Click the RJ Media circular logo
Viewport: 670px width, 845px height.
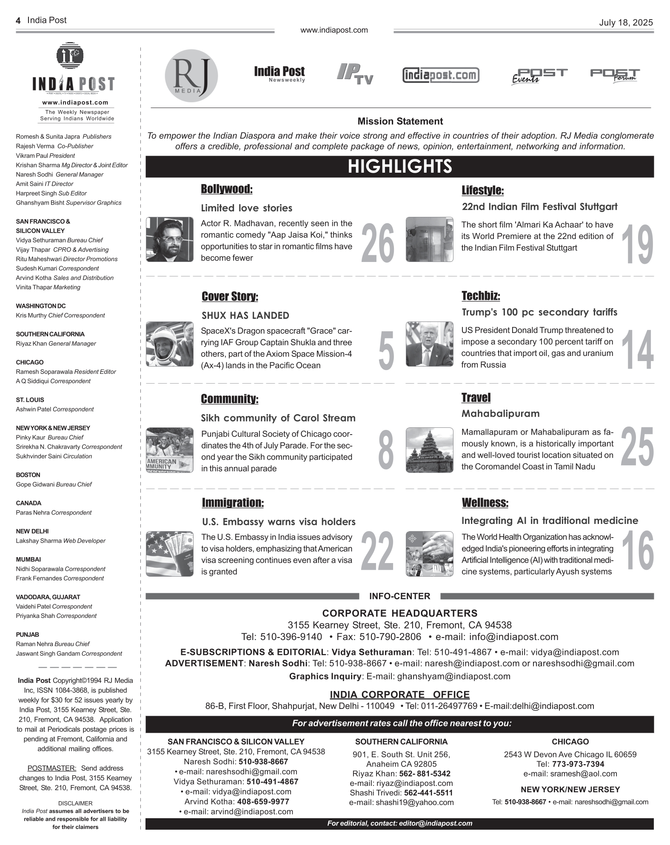191,75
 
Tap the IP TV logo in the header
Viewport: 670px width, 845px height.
355,74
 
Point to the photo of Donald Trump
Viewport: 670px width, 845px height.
429,344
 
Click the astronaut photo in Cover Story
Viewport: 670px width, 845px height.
169,344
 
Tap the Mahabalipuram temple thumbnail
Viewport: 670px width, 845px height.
429,450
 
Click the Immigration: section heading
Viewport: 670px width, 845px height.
233,503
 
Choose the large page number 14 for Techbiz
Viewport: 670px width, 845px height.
637,349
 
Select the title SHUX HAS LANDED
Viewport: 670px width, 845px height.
245,316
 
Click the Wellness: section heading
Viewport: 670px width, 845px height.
485,503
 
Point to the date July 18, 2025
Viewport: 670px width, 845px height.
625,23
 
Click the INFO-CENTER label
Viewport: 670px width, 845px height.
399,596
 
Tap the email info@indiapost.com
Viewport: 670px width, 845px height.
513,637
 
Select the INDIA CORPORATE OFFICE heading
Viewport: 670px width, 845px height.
399,694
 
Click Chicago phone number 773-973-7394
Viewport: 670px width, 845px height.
578,764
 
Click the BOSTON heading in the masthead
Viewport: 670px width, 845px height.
28,475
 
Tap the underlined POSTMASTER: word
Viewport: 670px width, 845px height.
51,768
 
